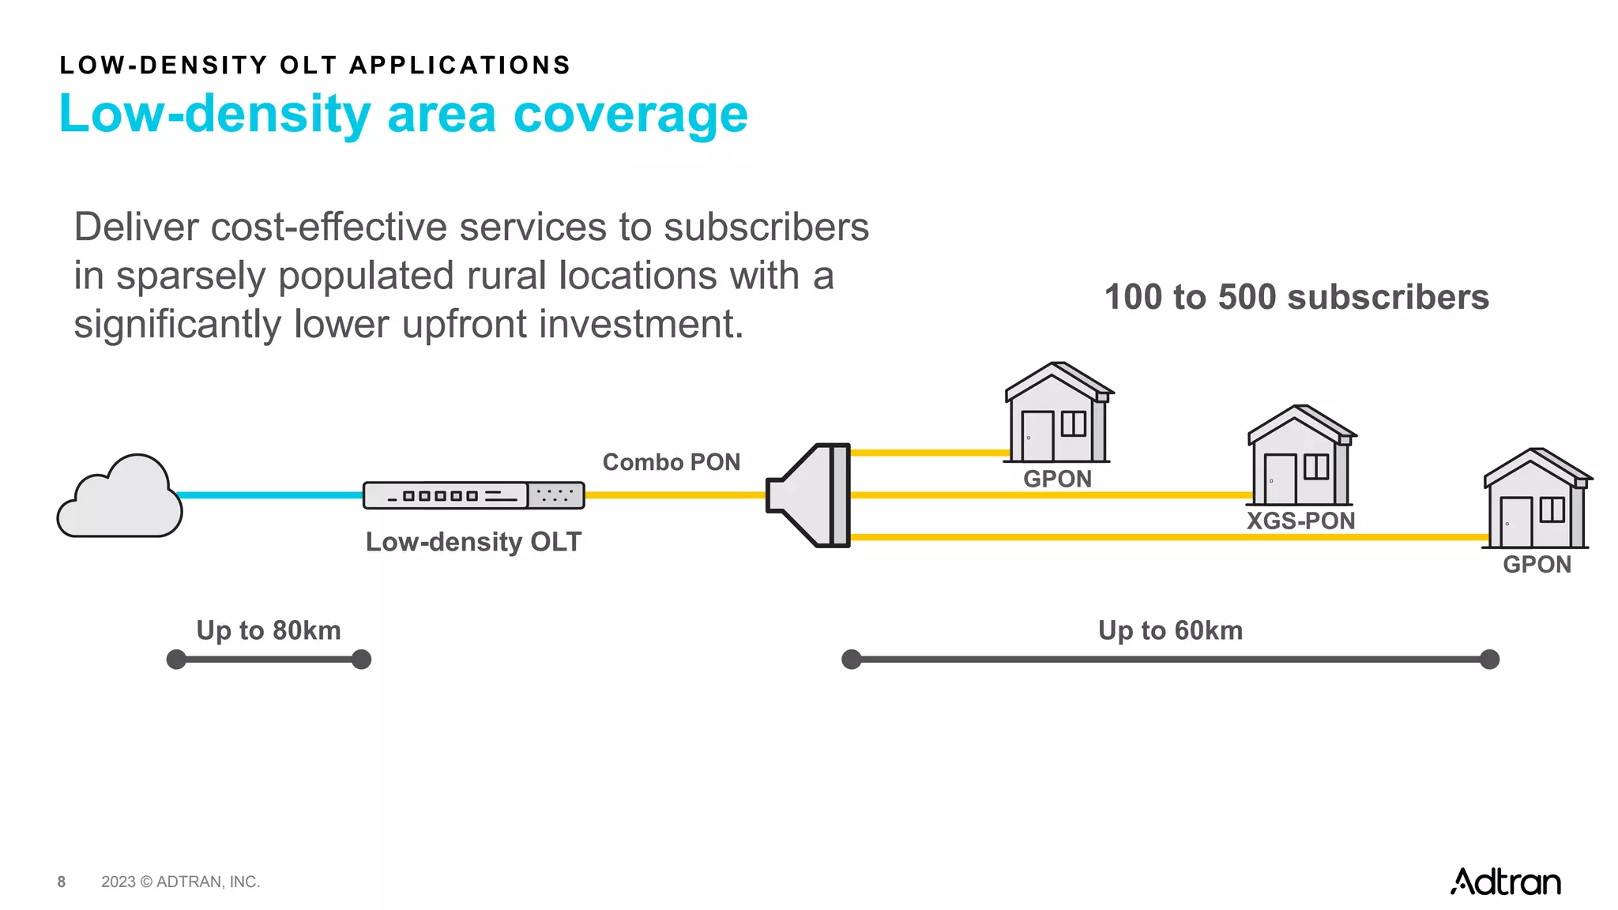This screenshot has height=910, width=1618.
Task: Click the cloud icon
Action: pyautogui.click(x=120, y=498)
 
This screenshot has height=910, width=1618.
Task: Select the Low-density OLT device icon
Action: pyautogui.click(x=473, y=495)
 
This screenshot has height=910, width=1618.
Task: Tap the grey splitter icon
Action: pyautogui.click(x=810, y=495)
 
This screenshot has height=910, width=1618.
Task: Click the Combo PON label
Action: pyautogui.click(x=672, y=462)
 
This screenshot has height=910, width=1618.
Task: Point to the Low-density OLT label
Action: pyautogui.click(x=473, y=542)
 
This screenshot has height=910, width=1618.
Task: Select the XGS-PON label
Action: pyautogui.click(x=1300, y=521)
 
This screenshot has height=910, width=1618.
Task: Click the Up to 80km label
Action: pyautogui.click(x=269, y=630)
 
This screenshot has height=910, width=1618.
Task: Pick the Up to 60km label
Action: pyautogui.click(x=1170, y=630)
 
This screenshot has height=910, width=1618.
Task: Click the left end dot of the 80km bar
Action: pyautogui.click(x=176, y=660)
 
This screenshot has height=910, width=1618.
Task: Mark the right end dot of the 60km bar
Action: pyautogui.click(x=1489, y=660)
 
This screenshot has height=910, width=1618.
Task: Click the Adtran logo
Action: pyautogui.click(x=1506, y=882)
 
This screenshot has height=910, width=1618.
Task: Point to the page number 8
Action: pyautogui.click(x=62, y=882)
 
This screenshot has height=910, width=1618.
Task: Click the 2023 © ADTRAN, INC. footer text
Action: pyautogui.click(x=180, y=882)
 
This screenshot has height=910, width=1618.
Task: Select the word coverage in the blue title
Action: pyautogui.click(x=630, y=115)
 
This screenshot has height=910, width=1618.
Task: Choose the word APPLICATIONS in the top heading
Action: pyautogui.click(x=460, y=65)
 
